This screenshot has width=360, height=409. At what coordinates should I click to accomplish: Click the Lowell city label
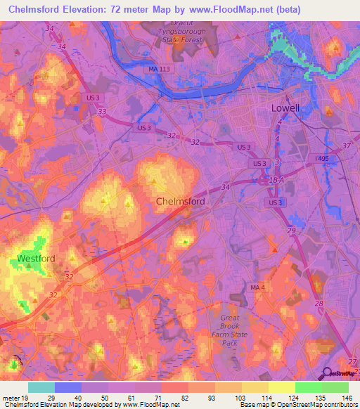285,108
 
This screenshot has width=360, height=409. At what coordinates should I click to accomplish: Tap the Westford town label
37,259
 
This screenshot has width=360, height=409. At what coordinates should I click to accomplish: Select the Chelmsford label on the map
180,202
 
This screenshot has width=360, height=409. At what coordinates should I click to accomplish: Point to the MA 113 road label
160,68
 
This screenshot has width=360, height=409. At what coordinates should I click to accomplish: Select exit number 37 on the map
346,146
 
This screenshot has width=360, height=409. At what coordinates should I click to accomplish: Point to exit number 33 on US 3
103,111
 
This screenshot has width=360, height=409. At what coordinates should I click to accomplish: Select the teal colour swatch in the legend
41,387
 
